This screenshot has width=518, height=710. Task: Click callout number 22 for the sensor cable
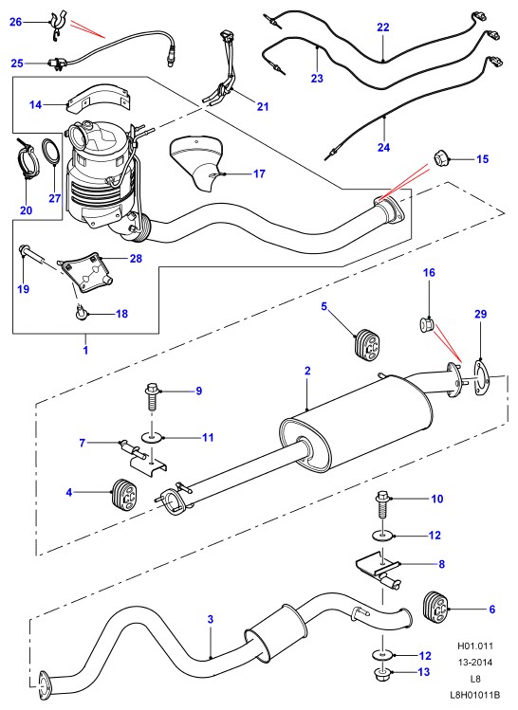tap(383, 27)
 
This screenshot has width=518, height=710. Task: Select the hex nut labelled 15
tap(441, 158)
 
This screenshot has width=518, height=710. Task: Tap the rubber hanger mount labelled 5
tap(367, 344)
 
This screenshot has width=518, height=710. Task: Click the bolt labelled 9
tap(152, 397)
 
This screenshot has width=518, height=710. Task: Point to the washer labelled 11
tap(151, 437)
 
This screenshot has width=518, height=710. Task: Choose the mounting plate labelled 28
tap(85, 274)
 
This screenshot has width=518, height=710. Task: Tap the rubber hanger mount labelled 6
tap(436, 607)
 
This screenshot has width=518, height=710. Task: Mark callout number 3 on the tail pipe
tap(211, 619)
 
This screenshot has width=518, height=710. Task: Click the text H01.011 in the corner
tap(475, 646)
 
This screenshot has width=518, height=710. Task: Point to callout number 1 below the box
tap(85, 350)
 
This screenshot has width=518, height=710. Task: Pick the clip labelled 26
tap(58, 26)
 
